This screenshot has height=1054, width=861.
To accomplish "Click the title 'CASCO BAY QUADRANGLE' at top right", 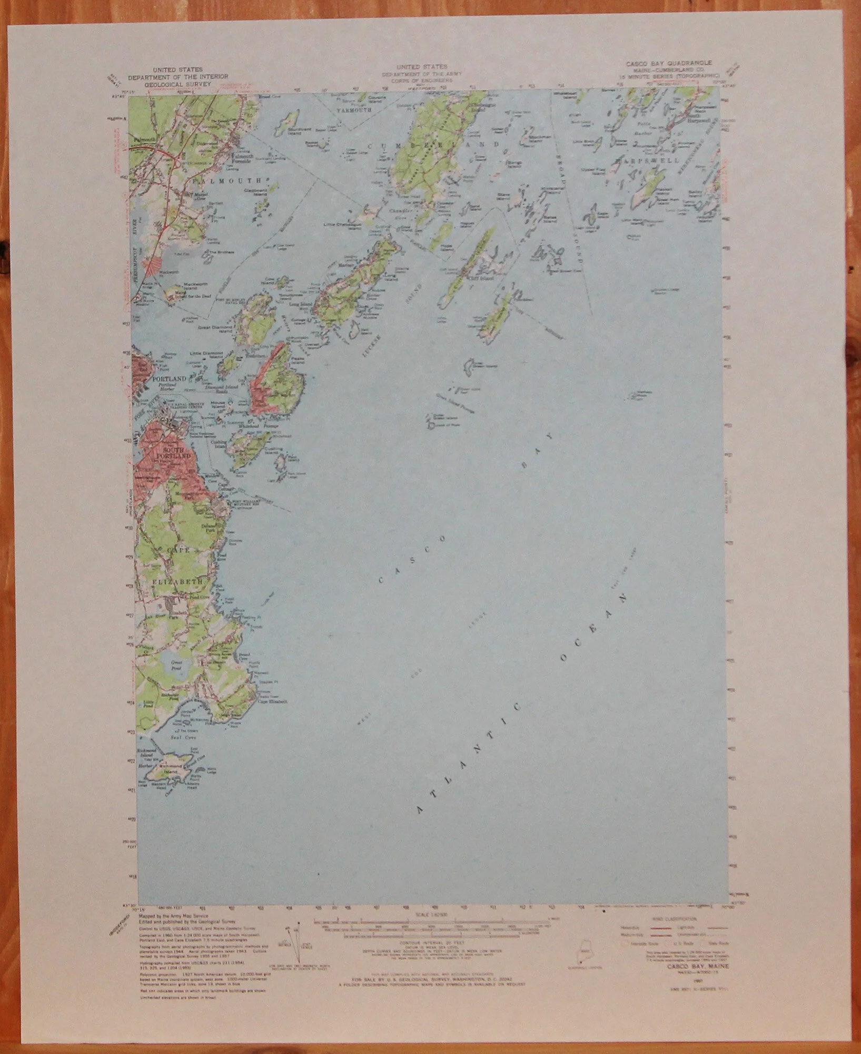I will (x=668, y=63).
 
